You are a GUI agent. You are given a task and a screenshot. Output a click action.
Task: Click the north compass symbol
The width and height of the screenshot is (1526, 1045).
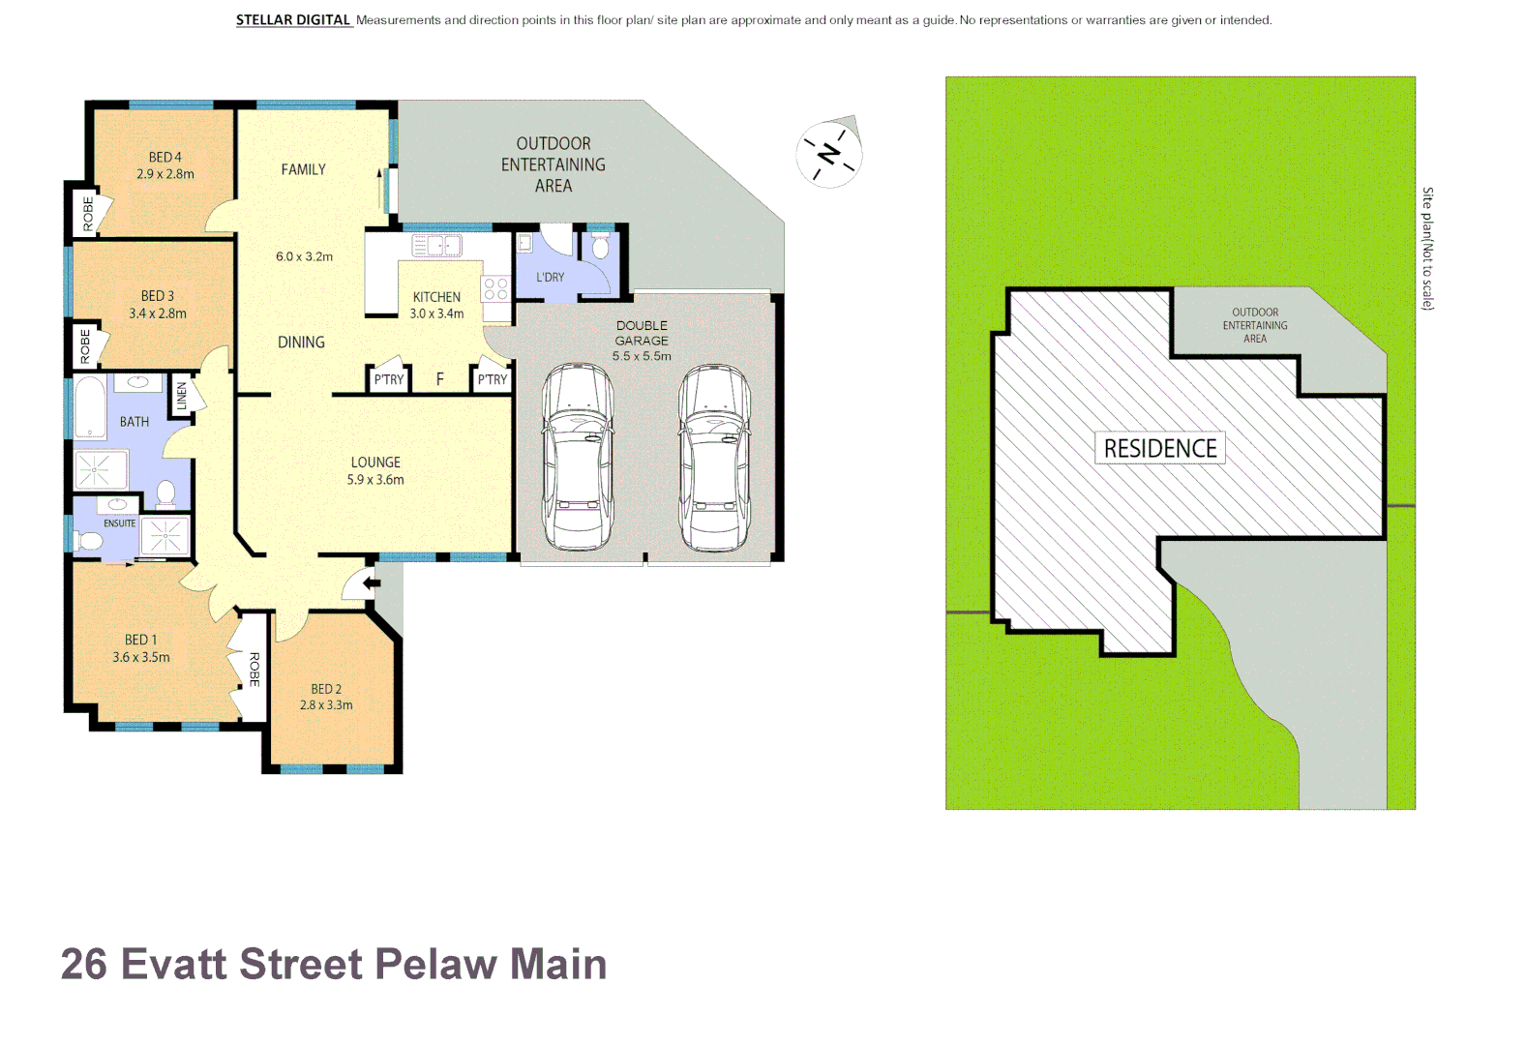pyautogui.click(x=829, y=154)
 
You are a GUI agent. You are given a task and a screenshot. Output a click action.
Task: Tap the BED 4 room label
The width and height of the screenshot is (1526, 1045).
pyautogui.click(x=165, y=157)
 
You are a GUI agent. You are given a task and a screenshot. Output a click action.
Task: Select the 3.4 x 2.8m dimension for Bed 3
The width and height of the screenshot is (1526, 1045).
pyautogui.click(x=158, y=313)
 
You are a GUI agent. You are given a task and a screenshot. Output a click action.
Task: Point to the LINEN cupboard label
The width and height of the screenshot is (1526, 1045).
pyautogui.click(x=181, y=396)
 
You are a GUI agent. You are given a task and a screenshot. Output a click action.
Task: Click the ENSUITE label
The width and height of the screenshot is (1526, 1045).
pyautogui.click(x=119, y=523)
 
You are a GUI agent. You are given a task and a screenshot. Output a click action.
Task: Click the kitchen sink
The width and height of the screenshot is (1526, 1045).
pyautogui.click(x=437, y=246)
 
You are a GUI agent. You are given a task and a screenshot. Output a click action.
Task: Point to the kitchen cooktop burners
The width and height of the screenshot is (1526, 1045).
pyautogui.click(x=495, y=288)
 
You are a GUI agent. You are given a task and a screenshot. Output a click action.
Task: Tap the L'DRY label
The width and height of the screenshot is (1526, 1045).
pyautogui.click(x=550, y=278)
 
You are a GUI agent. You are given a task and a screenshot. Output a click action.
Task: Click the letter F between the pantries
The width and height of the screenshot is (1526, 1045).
pyautogui.click(x=439, y=379)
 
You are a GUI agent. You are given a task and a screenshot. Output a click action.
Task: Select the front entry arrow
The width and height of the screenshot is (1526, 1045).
pyautogui.click(x=370, y=583)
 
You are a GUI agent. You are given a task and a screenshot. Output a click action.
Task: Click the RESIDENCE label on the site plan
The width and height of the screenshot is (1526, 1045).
pyautogui.click(x=1160, y=449)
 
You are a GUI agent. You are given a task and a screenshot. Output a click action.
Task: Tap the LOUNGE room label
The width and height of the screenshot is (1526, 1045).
pyautogui.click(x=375, y=463)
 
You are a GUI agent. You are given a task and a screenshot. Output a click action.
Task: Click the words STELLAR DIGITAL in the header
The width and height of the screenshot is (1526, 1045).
pyautogui.click(x=293, y=20)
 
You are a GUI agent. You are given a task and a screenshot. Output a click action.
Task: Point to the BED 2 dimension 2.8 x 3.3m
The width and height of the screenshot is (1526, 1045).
pyautogui.click(x=326, y=705)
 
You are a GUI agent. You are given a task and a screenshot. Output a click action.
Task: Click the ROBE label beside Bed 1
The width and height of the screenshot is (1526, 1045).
pyautogui.click(x=254, y=669)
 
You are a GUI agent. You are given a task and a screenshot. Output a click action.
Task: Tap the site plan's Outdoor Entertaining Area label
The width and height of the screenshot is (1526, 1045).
pyautogui.click(x=1255, y=325)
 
